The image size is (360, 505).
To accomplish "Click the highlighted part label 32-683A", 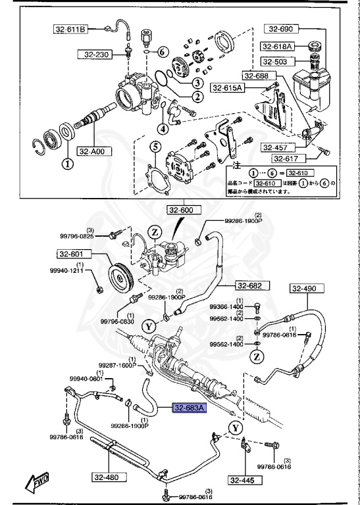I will click(x=190, y=408).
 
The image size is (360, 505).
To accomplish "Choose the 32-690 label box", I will click(x=282, y=29).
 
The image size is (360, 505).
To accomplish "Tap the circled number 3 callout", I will click(x=197, y=83).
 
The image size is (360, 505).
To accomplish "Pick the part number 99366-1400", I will click(x=226, y=307).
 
